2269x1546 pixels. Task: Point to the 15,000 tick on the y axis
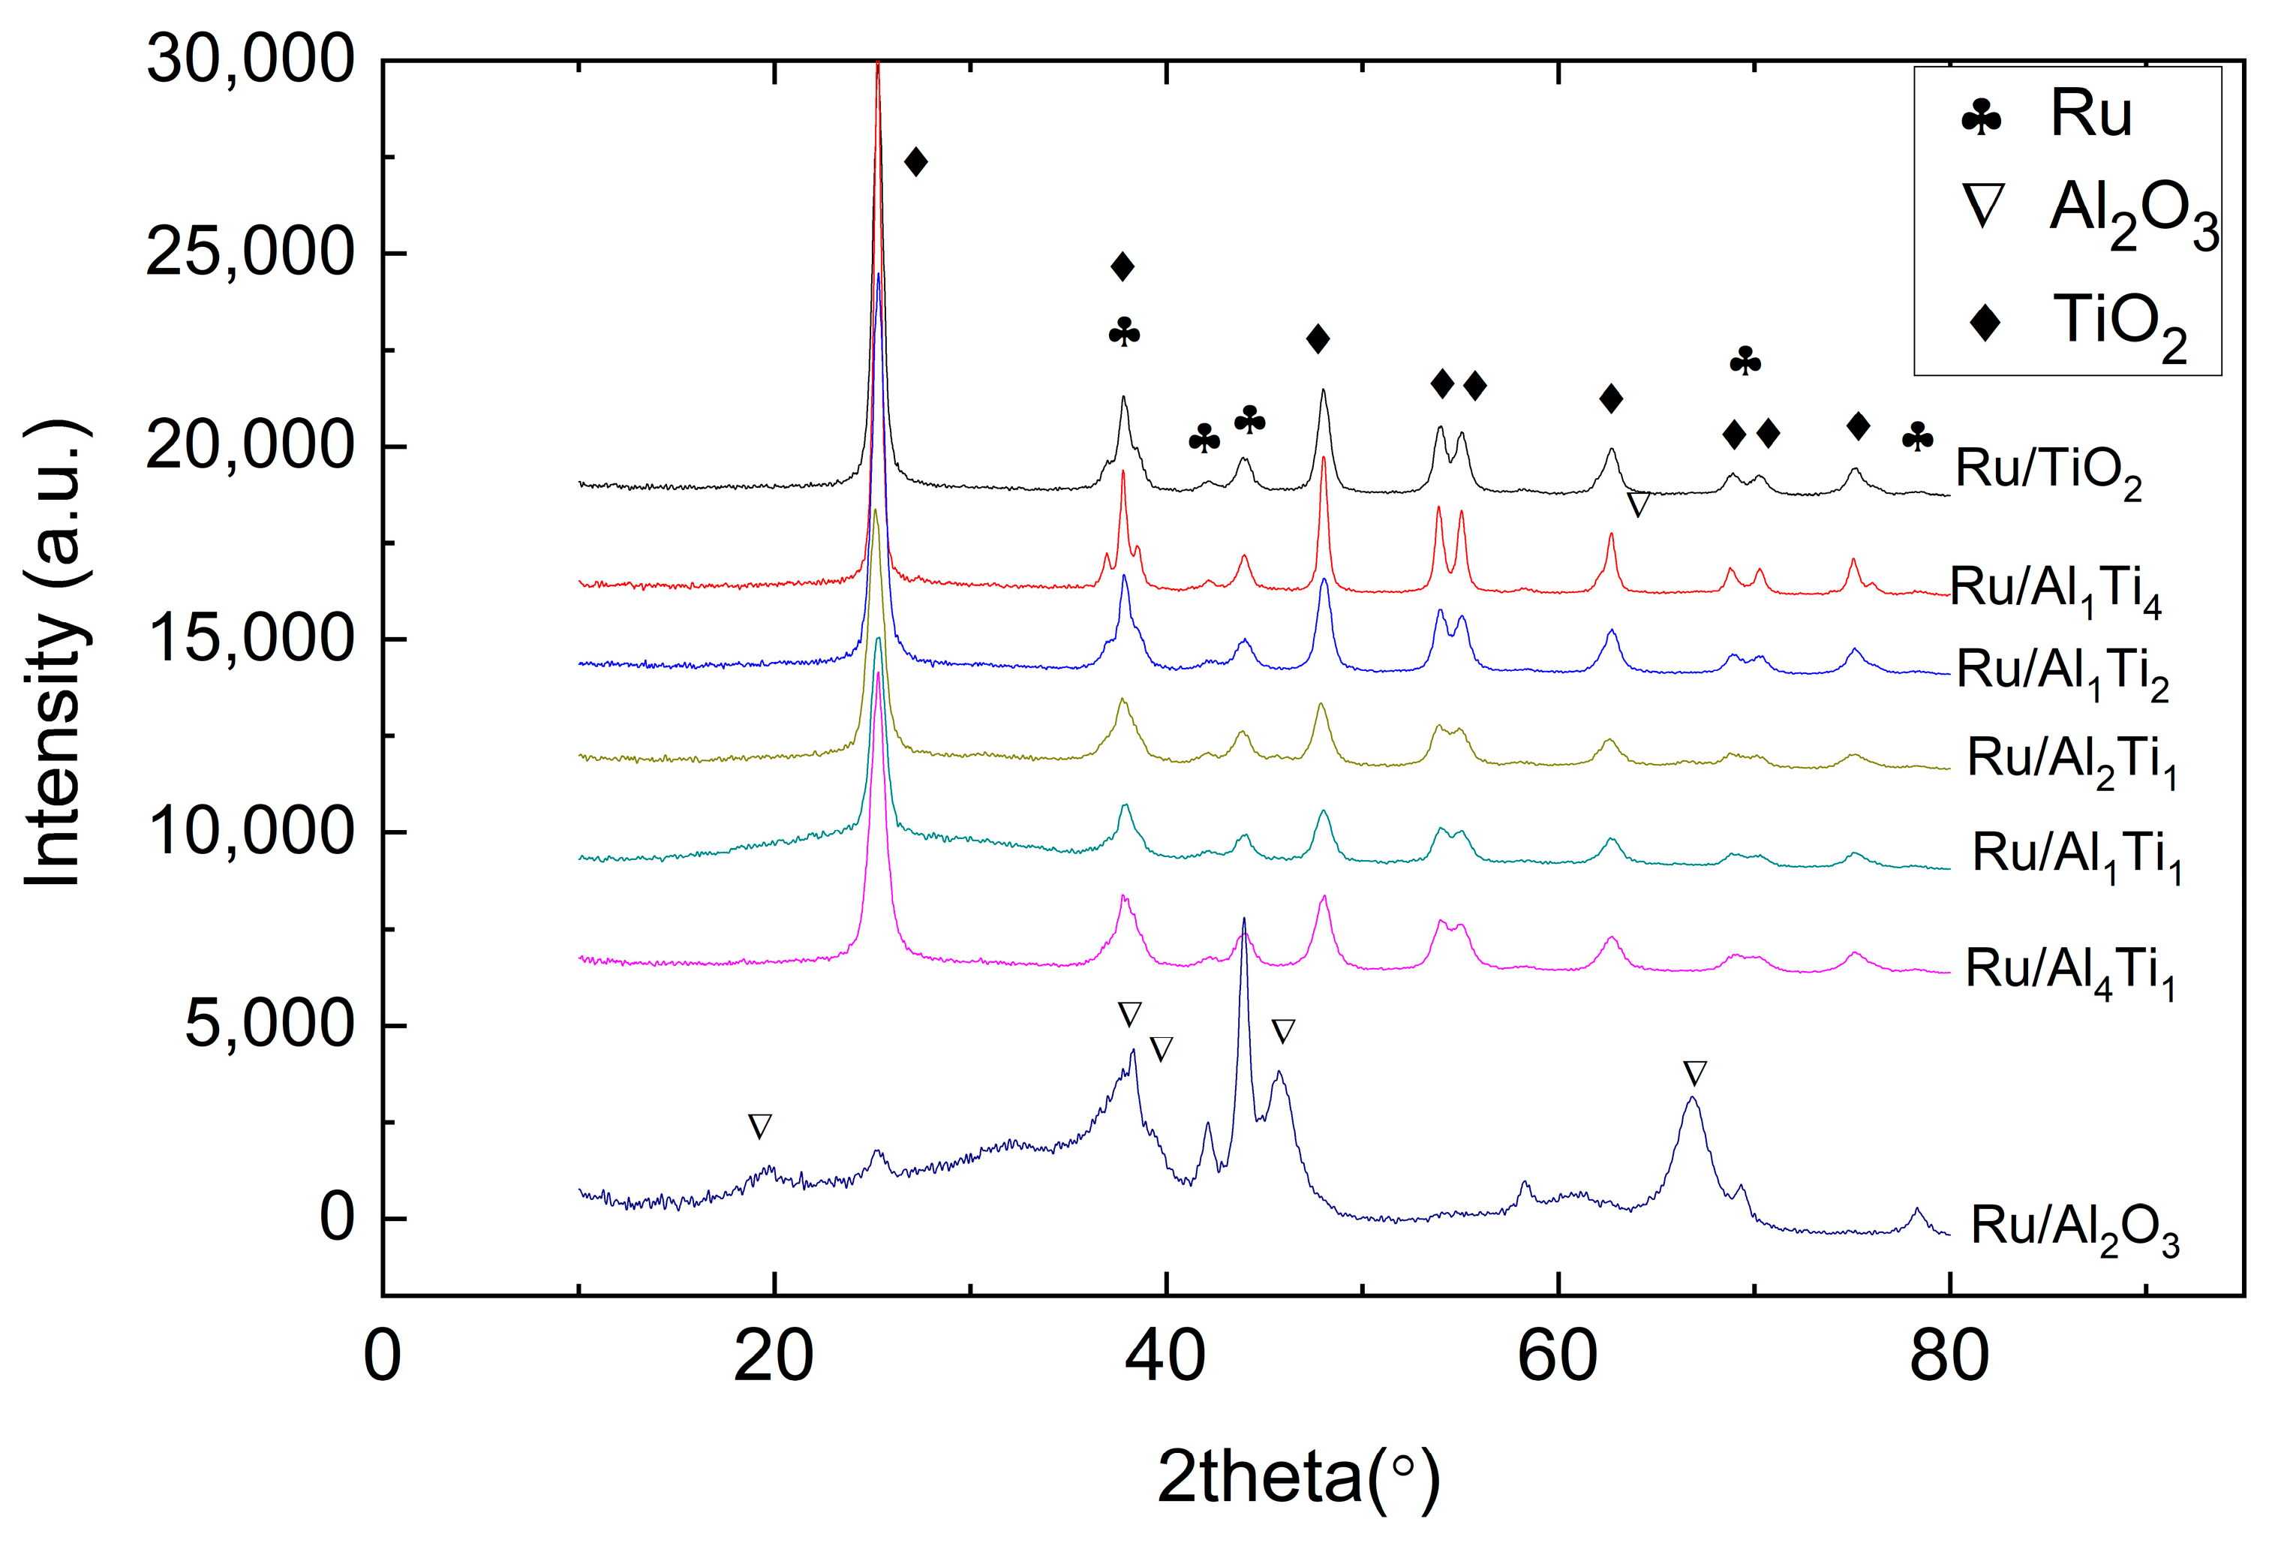[x=249, y=639]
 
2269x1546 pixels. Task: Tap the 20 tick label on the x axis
[x=774, y=1357]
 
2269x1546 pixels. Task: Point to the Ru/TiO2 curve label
[x=2048, y=472]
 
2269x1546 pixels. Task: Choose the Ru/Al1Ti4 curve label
[x=2055, y=591]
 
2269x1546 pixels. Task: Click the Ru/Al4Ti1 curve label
[x=2070, y=973]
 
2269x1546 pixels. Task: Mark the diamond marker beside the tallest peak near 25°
[x=915, y=162]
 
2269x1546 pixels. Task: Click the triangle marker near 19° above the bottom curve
[x=759, y=1126]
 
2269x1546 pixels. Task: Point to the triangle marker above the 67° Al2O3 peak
[x=1695, y=1073]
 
